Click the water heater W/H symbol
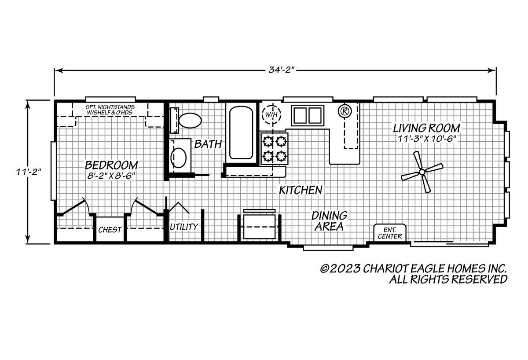(271, 115)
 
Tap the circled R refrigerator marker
(345, 110)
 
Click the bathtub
(241, 132)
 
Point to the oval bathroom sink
(179, 158)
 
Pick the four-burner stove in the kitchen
(274, 148)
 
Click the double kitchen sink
(308, 115)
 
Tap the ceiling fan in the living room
(422, 172)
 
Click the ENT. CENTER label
(390, 233)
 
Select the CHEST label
(110, 230)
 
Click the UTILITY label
(184, 227)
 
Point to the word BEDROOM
(111, 165)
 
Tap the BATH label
(208, 144)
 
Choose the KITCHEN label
(301, 190)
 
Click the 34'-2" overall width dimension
(282, 70)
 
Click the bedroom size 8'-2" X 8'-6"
(111, 176)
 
